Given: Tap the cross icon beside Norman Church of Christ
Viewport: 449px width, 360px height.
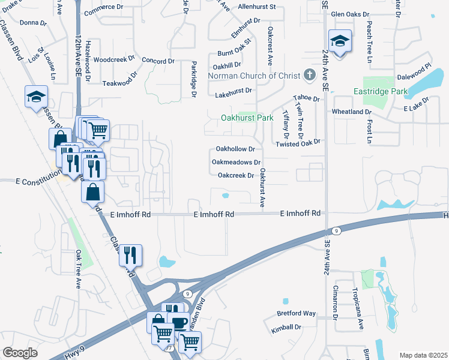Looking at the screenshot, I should click(x=309, y=75).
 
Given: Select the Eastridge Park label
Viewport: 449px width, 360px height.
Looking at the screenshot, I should click(x=380, y=92).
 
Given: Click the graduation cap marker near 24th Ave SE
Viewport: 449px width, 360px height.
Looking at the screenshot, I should click(x=339, y=42).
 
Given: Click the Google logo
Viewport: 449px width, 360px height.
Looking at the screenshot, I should click(x=20, y=353).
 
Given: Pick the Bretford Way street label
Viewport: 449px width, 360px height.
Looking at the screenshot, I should click(x=296, y=313).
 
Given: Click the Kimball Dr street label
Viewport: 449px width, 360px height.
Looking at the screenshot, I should click(x=285, y=327).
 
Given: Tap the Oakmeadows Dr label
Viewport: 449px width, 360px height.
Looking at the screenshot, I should click(x=236, y=162).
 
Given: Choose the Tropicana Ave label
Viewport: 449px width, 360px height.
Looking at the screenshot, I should click(x=361, y=316).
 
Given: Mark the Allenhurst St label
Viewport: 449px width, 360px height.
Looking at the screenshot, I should click(x=256, y=7).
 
